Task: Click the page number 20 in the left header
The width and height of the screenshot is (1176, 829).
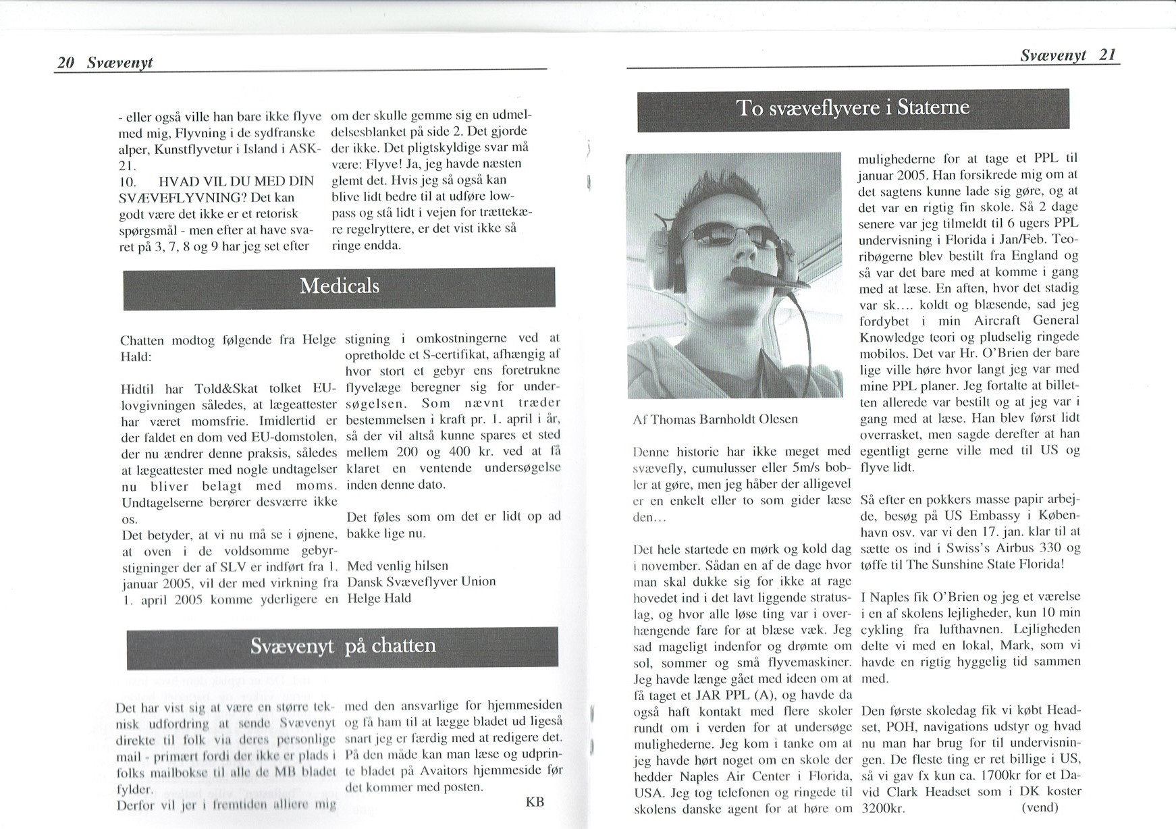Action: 65,63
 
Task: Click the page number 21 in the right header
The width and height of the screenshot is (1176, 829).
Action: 1107,55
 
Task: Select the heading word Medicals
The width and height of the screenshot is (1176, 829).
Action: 339,286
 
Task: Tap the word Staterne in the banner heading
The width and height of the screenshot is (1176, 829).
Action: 934,108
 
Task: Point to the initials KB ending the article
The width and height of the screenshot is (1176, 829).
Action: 535,802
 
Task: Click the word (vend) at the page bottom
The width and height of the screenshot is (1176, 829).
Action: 1040,807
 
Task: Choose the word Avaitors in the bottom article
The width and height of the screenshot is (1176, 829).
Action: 442,770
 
